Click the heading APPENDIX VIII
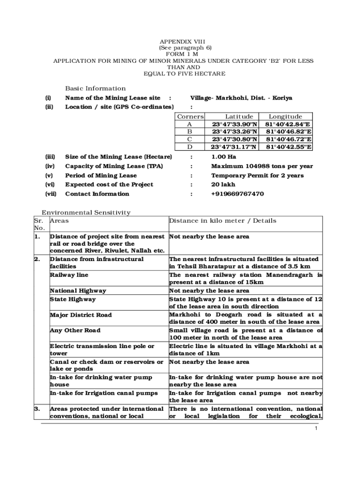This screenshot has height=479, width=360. [x=182, y=41]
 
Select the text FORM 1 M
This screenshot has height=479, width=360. [x=182, y=54]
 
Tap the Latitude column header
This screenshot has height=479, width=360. [x=239, y=116]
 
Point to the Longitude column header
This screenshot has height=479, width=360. [x=285, y=116]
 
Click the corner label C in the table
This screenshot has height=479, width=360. [x=189, y=139]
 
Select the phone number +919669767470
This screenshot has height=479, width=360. [x=238, y=194]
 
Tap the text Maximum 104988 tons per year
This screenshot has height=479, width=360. [x=262, y=166]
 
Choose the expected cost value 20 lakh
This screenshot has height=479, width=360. [x=223, y=184]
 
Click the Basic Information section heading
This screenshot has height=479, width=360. [x=95, y=88]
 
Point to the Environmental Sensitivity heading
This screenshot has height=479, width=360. [x=86, y=212]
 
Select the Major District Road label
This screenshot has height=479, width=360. [x=81, y=315]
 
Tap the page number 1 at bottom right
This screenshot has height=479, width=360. [x=317, y=428]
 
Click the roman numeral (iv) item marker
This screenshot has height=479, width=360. [x=50, y=166]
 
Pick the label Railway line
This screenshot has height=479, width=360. [x=69, y=275]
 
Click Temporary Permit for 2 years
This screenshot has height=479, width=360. [x=257, y=175]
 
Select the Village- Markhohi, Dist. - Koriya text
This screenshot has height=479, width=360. [x=241, y=98]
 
